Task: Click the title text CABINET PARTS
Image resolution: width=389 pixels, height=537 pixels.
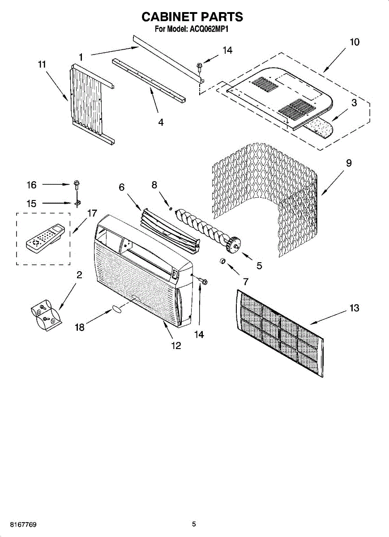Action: [x=192, y=17]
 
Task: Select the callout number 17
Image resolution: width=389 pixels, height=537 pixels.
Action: [x=92, y=213]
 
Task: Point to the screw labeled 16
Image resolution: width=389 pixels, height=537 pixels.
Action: [x=77, y=184]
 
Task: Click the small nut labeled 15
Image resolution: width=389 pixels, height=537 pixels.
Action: [x=77, y=203]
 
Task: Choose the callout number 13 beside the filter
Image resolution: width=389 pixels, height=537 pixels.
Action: [x=354, y=308]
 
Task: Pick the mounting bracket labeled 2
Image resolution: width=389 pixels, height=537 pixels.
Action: [x=46, y=315]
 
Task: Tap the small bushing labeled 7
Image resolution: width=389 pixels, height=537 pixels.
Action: [x=222, y=261]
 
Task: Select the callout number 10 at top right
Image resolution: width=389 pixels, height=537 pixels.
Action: [x=354, y=43]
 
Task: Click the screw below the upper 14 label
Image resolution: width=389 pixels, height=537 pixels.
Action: [x=200, y=68]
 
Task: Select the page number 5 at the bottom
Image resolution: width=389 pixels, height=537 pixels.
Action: [x=194, y=524]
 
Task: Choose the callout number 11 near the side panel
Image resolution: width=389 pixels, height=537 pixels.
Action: [x=42, y=65]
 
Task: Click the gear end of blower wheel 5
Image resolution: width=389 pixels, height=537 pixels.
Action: [x=233, y=245]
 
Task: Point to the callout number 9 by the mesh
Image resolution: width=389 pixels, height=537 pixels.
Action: [x=348, y=163]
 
